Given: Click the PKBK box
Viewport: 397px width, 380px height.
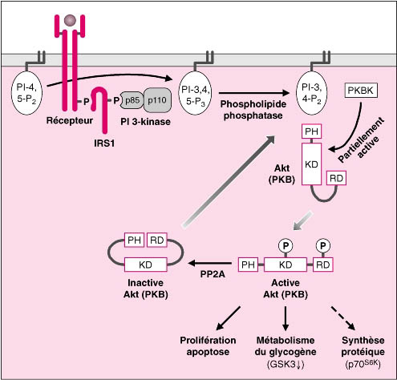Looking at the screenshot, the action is pyautogui.click(x=361, y=91).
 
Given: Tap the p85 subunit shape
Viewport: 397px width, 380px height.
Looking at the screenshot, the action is pyautogui.click(x=132, y=100).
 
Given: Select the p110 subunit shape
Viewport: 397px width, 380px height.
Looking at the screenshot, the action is pyautogui.click(x=157, y=100).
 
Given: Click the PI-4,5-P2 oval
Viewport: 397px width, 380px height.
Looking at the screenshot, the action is pyautogui.click(x=26, y=93).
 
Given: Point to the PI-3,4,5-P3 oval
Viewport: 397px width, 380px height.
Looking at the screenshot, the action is pyautogui.click(x=195, y=93).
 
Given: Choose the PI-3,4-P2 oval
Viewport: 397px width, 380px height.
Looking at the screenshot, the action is pyautogui.click(x=311, y=93).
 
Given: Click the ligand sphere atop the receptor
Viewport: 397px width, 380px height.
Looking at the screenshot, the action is pyautogui.click(x=70, y=20).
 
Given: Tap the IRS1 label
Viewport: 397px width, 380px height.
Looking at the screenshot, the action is pyautogui.click(x=104, y=144).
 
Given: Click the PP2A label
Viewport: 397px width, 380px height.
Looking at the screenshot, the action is pyautogui.click(x=213, y=274).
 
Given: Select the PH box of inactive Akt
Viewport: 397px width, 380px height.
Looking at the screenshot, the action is pyautogui.click(x=135, y=240).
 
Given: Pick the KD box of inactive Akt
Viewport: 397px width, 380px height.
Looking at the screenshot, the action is pyautogui.click(x=146, y=265).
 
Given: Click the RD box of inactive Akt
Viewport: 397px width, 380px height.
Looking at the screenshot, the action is pyautogui.click(x=157, y=240).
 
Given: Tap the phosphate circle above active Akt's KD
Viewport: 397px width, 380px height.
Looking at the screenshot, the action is pyautogui.click(x=286, y=245).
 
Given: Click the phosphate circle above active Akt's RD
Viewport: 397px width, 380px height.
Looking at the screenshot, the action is pyautogui.click(x=323, y=245).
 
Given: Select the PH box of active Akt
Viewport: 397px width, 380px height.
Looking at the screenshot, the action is pyautogui.click(x=248, y=265).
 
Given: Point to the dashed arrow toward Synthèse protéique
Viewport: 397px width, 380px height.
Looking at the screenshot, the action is pyautogui.click(x=343, y=318).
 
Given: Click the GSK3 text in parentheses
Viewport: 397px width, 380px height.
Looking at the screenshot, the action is pyautogui.click(x=286, y=365).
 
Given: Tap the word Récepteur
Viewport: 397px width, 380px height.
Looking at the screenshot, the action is pyautogui.click(x=70, y=120).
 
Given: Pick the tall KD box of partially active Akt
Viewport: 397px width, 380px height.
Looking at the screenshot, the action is pyautogui.click(x=311, y=164).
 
